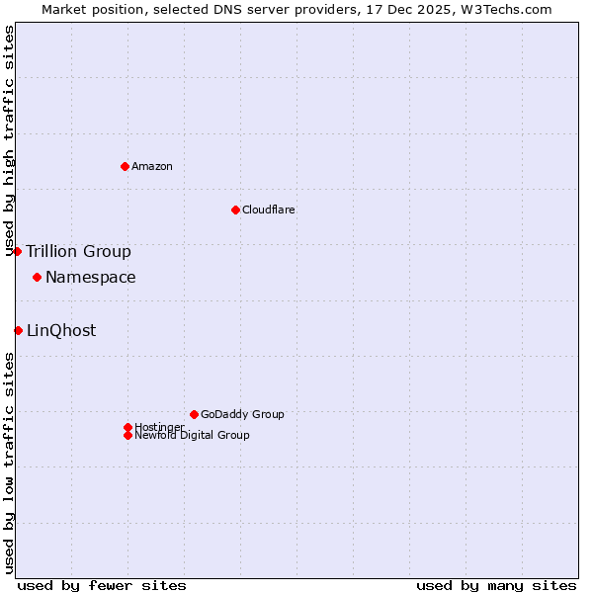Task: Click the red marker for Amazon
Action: (125, 166)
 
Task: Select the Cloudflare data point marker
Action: (235, 210)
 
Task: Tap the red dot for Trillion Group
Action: (17, 251)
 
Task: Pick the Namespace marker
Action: (37, 277)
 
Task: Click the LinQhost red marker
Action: (18, 330)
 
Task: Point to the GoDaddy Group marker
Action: (194, 414)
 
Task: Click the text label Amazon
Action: (151, 166)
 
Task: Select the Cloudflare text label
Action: (268, 210)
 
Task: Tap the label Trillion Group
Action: (78, 251)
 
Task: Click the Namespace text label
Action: (90, 277)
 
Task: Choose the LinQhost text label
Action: (61, 330)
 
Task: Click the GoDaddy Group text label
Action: (241, 414)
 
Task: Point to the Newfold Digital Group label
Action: (192, 435)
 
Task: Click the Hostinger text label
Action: (159, 427)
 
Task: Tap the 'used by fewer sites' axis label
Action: (102, 585)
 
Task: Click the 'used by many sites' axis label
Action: (495, 585)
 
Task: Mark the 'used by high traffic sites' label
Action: (9, 140)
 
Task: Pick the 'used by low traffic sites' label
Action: (9, 463)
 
